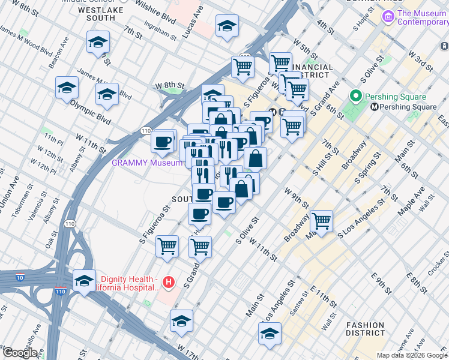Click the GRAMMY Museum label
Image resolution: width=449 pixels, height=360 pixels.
coord(146,163)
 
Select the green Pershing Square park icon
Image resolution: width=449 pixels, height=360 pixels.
coord(355,97)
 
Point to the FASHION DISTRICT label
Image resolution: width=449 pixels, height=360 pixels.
coord(365,329)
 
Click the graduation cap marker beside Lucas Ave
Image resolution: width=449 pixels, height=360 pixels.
coord(227,26)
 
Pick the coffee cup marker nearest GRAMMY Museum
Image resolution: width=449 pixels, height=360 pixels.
coord(163,142)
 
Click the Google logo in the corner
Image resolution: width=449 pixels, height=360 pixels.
coord(20,353)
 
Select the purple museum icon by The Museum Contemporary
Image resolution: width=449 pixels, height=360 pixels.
coord(388,17)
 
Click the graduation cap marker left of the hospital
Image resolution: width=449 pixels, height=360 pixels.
coord(84,281)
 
